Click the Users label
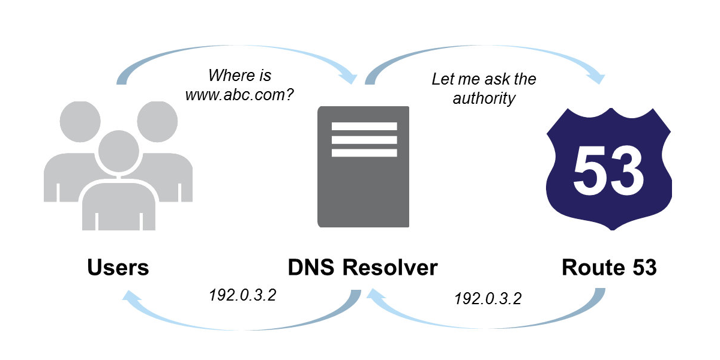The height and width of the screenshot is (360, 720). tap(118, 268)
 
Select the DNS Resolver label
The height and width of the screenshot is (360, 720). tap(363, 268)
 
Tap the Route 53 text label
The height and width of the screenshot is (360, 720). tap(609, 268)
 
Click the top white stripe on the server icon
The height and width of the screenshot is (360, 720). tap(364, 126)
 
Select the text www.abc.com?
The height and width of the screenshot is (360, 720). tap(239, 95)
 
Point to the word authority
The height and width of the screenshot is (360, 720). tap(484, 98)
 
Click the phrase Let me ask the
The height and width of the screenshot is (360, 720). tap(484, 79)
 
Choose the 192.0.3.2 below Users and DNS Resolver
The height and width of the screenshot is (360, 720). tap(242, 296)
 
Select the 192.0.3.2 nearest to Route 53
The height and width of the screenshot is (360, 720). tap(488, 298)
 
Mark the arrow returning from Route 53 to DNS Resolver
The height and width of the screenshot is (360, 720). tap(486, 324)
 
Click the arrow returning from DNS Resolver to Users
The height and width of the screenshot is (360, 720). tap(240, 324)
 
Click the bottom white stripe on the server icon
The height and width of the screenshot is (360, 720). tap(364, 152)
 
